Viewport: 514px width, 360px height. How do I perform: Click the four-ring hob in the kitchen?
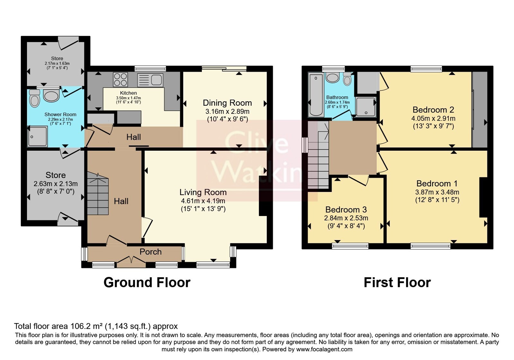[120, 79]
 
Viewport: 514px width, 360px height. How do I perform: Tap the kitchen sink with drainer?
[150, 80]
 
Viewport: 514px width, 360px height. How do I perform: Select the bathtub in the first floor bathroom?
[316, 95]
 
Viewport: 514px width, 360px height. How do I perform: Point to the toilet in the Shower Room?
[35, 98]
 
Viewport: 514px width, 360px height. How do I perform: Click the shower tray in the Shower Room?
[37, 136]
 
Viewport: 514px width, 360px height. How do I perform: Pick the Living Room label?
[203, 192]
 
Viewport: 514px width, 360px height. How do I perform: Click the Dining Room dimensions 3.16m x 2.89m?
[227, 112]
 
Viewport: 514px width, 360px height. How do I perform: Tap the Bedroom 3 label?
[346, 210]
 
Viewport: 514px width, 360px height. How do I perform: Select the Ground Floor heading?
[147, 283]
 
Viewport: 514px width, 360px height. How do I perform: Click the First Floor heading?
[397, 283]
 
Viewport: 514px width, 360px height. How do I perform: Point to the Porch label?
[151, 252]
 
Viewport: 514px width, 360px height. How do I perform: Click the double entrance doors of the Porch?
[131, 261]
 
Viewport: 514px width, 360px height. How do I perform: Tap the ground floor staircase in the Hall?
[98, 194]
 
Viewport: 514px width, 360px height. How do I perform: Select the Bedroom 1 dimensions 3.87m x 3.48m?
[437, 192]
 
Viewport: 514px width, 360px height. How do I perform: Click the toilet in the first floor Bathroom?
[348, 79]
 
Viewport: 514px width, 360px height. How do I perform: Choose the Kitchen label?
[128, 93]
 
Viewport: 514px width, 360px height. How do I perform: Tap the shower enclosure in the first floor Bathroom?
[366, 107]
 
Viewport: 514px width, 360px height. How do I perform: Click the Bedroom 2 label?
[433, 110]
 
